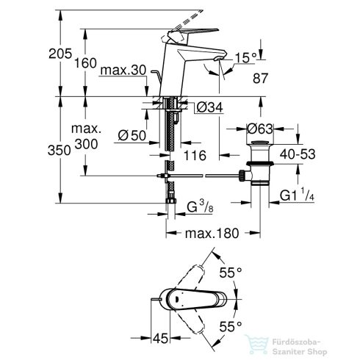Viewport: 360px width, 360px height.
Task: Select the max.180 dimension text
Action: coord(212,234)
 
